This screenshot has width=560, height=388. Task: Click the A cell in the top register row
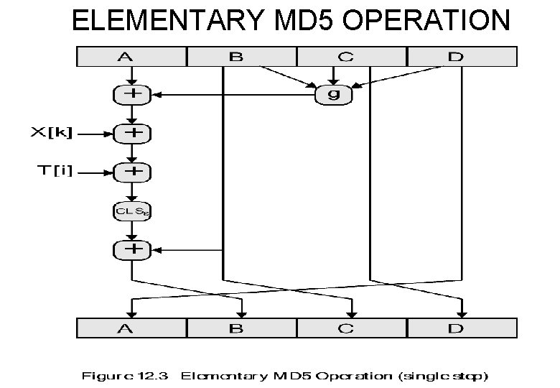tap(132, 56)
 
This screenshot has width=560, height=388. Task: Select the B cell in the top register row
tap(242, 56)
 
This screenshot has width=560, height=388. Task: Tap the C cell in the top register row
tap(352, 56)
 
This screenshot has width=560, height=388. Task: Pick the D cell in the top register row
tap(462, 56)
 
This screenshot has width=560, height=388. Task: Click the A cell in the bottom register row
tap(132, 328)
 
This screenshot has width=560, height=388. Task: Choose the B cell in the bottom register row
tap(242, 328)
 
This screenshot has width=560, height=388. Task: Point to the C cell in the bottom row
tap(352, 328)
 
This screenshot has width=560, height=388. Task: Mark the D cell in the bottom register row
tap(462, 328)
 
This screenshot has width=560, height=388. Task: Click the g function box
tap(333, 95)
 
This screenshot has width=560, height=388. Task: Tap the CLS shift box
tap(131, 211)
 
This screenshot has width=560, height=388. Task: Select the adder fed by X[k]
tap(131, 133)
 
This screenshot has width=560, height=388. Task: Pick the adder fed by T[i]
tap(131, 172)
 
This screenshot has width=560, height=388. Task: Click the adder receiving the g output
tap(131, 94)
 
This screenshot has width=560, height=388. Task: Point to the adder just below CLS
tap(131, 249)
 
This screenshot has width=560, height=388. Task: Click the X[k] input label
tap(52, 133)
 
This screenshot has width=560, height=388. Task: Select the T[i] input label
tap(55, 172)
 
